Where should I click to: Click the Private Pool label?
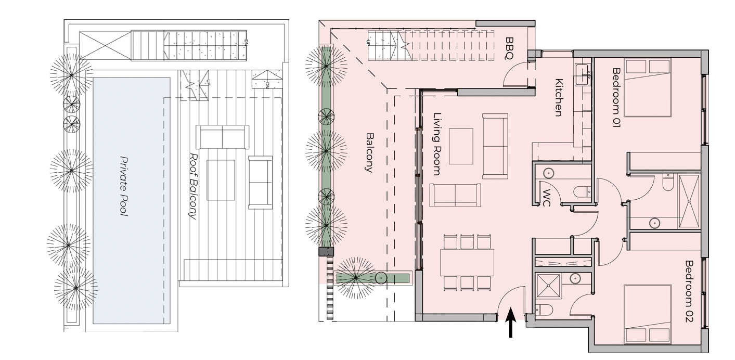[123, 186]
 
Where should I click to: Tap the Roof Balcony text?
[194, 186]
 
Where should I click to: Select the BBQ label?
[509, 49]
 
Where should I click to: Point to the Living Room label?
[436, 144]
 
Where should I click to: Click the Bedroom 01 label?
[616, 97]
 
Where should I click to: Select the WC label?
[546, 198]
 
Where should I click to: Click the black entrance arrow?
[511, 323]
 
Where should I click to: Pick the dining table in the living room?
[467, 262]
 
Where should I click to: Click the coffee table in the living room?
[461, 146]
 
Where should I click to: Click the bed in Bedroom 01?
[647, 87]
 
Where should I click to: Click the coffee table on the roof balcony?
[221, 180]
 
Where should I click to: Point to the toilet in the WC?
[582, 191]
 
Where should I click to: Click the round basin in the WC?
[548, 174]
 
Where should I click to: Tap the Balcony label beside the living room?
[370, 152]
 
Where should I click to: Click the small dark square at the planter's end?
[326, 252]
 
